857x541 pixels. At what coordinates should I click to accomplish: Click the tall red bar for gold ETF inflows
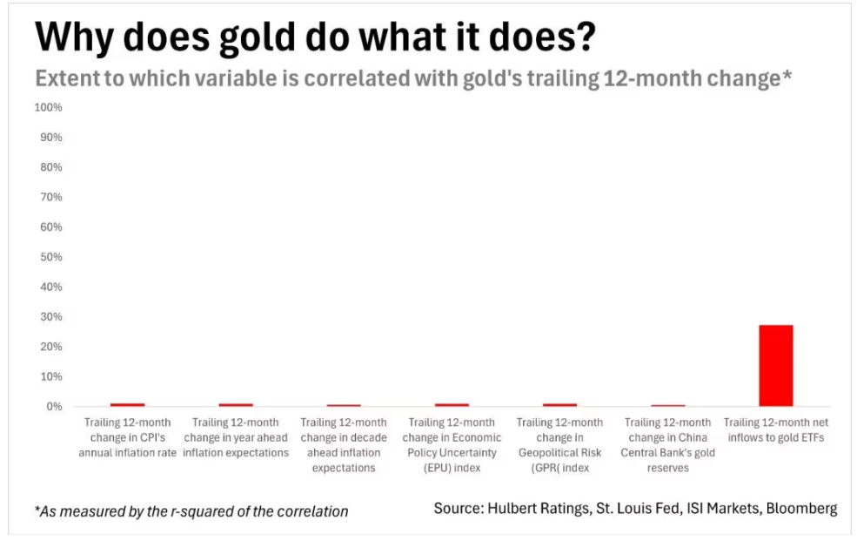(x=775, y=365)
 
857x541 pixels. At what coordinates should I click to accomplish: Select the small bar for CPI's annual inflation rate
(x=127, y=404)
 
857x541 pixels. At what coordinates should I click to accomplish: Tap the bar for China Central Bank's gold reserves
(x=668, y=405)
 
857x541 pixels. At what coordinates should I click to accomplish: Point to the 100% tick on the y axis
(x=48, y=107)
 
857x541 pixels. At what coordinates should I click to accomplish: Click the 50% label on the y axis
(x=50, y=257)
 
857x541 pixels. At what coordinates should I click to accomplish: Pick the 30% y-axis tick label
(x=50, y=317)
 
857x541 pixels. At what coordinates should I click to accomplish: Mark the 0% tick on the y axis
(x=53, y=407)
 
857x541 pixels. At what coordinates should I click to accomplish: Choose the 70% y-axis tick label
(x=50, y=197)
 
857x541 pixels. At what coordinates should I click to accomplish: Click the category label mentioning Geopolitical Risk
(x=559, y=444)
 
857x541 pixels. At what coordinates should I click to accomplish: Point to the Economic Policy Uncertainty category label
(x=452, y=444)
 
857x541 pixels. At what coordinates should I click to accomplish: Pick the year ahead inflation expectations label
(x=236, y=437)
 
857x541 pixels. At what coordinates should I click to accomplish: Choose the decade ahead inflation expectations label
(x=344, y=444)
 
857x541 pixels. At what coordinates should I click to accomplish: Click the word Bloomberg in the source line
(x=801, y=508)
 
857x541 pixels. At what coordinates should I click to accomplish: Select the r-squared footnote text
(x=191, y=511)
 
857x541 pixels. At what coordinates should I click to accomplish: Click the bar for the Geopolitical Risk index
(x=559, y=404)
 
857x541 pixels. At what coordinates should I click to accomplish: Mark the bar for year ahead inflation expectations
(x=236, y=404)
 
